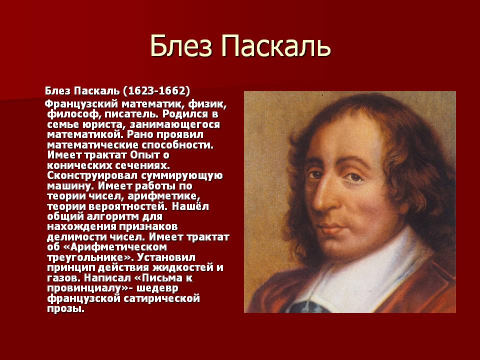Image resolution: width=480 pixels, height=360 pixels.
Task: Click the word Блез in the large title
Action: pos(178,46)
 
